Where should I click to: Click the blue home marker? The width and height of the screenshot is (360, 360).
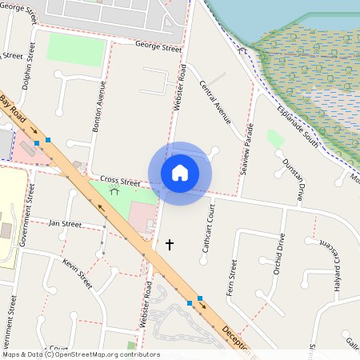(180, 172)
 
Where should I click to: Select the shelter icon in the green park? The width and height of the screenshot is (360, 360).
(114, 191)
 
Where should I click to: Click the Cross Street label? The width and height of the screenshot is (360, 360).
(121, 182)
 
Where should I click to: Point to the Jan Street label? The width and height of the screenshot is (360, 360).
(66, 223)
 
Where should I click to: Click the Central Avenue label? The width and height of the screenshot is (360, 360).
(215, 102)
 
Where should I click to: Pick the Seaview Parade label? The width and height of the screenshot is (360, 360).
(248, 147)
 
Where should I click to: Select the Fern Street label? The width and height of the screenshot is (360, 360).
(232, 277)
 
